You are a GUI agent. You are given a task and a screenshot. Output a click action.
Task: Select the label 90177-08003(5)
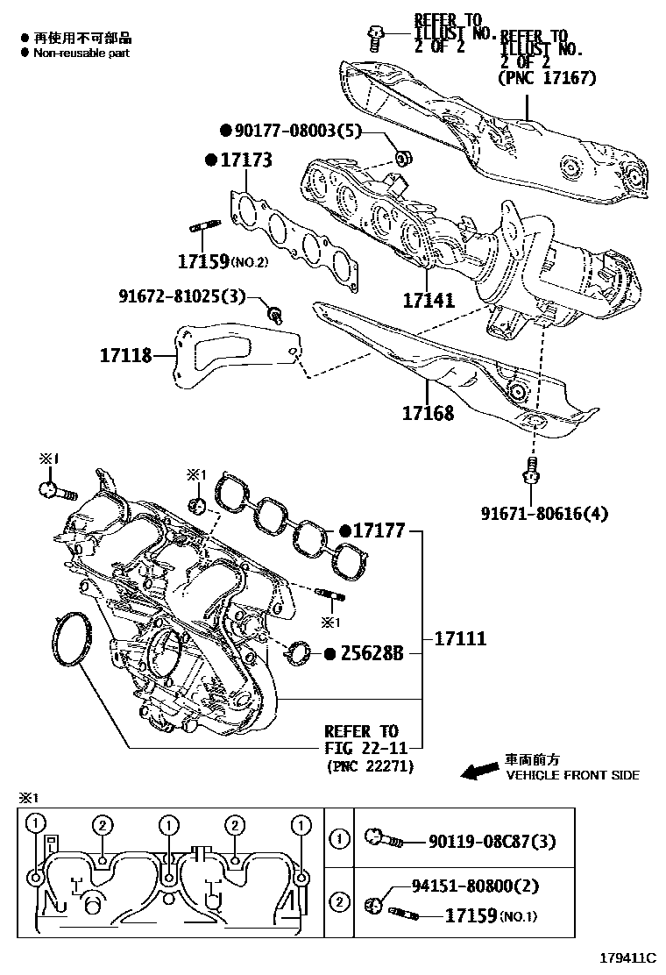tap(288, 131)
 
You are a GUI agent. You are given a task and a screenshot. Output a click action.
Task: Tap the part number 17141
tap(429, 301)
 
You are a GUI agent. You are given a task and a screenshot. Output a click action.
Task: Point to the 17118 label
tap(125, 355)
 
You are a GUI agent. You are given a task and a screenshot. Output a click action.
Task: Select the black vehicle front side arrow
tap(478, 771)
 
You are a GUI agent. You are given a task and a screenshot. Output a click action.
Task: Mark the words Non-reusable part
tap(81, 53)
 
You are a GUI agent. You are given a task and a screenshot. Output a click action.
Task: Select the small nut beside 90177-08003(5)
tap(404, 159)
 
